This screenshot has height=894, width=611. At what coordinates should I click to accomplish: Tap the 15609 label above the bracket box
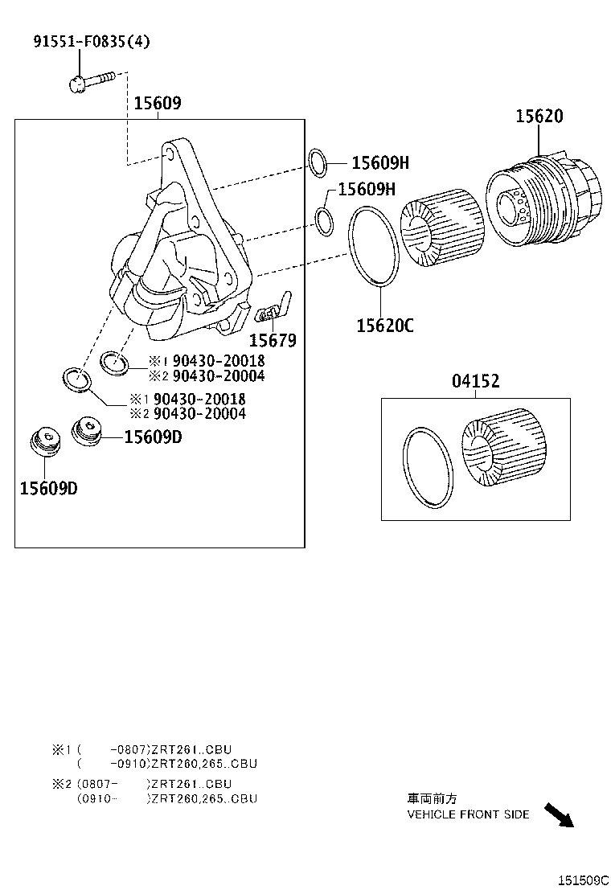click(158, 104)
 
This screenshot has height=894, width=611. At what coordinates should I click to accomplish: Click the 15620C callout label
click(385, 325)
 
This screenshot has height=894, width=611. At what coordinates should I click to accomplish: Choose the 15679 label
click(272, 340)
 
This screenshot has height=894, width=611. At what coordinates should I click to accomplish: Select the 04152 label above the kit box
click(475, 382)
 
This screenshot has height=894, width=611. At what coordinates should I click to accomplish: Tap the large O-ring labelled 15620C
click(374, 245)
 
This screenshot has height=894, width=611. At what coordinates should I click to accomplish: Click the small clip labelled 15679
click(273, 308)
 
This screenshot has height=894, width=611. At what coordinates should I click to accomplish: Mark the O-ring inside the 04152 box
click(429, 468)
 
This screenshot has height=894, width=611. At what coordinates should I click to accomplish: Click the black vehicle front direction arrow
click(559, 814)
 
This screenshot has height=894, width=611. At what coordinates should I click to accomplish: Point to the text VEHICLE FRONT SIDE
click(468, 814)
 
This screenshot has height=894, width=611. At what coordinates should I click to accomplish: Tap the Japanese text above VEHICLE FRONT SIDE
click(432, 799)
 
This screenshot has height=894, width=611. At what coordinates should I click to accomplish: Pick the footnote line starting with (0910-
click(167, 798)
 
